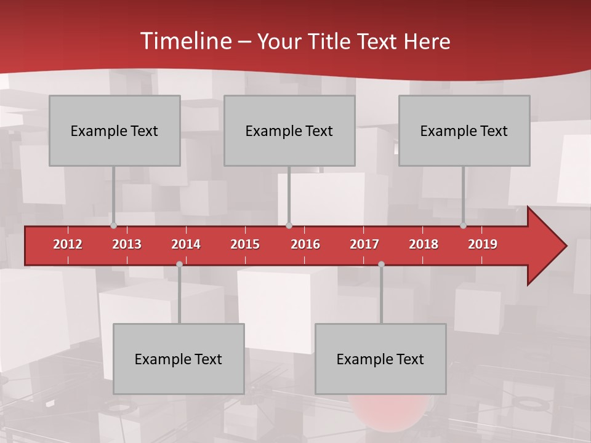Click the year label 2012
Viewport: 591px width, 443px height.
pyautogui.click(x=68, y=244)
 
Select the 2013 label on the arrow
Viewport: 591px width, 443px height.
pyautogui.click(x=127, y=244)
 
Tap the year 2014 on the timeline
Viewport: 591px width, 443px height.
pyautogui.click(x=186, y=244)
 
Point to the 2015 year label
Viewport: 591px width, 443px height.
pyautogui.click(x=245, y=244)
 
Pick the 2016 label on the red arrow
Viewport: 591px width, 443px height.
pyautogui.click(x=305, y=244)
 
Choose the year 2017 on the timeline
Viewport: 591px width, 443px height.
pyautogui.click(x=364, y=244)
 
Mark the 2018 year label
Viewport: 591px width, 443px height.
pyautogui.click(x=424, y=244)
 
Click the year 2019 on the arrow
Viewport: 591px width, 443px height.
pyautogui.click(x=483, y=244)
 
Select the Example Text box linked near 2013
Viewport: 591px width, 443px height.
pyautogui.click(x=115, y=130)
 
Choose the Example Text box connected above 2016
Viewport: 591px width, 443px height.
pyautogui.click(x=289, y=130)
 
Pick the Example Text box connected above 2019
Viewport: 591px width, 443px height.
pyautogui.click(x=464, y=130)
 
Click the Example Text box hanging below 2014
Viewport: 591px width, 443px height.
pyautogui.click(x=179, y=359)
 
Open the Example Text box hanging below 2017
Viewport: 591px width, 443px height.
pyautogui.click(x=380, y=359)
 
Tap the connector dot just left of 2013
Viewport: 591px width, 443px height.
pyautogui.click(x=113, y=226)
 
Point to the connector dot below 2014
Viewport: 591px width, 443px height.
pyautogui.click(x=179, y=264)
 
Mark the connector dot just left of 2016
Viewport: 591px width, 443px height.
pyautogui.click(x=289, y=226)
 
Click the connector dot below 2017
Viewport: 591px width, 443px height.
pyautogui.click(x=381, y=264)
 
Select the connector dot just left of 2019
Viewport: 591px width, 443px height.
pyautogui.click(x=463, y=226)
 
